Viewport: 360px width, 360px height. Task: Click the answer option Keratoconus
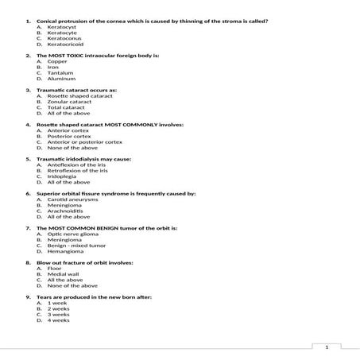pos(64,37)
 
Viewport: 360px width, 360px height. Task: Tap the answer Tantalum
pos(61,72)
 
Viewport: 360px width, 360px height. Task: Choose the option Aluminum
pos(61,79)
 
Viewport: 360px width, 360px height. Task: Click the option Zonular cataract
pos(69,102)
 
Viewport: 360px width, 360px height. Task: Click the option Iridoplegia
pos(63,176)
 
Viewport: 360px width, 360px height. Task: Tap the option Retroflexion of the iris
pos(77,171)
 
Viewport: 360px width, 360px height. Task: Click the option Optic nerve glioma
pos(72,234)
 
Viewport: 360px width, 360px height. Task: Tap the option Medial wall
pos(64,274)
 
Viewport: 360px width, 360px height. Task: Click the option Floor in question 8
pos(55,269)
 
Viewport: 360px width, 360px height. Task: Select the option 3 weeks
pos(59,315)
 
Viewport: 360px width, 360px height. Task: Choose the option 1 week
pos(57,303)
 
